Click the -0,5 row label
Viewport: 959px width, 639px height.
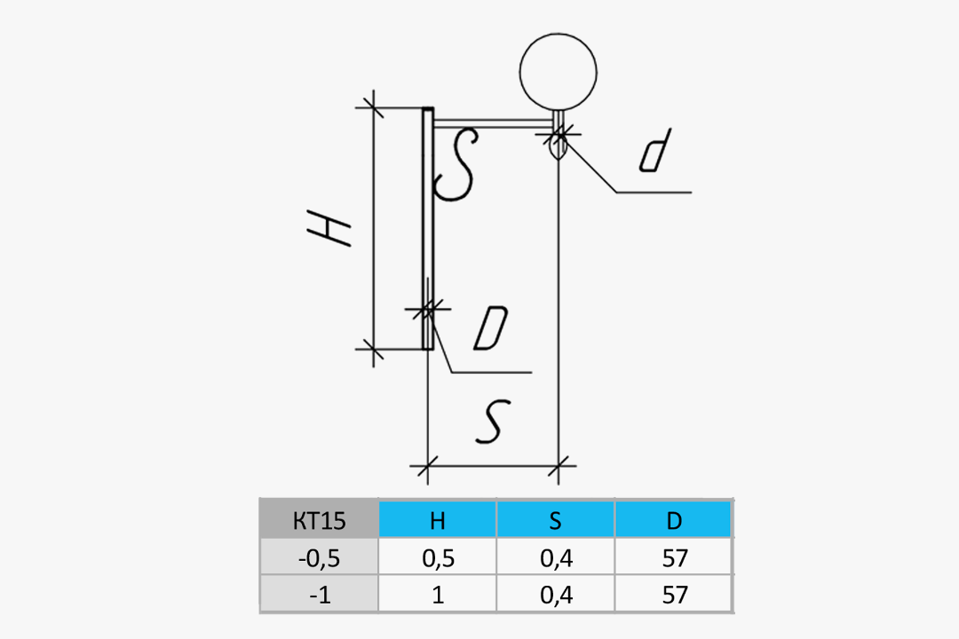pyautogui.click(x=320, y=557)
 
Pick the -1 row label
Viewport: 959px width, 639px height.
pyautogui.click(x=320, y=595)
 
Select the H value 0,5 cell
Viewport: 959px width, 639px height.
pyautogui.click(x=437, y=557)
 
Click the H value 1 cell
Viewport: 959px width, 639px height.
pyautogui.click(x=437, y=595)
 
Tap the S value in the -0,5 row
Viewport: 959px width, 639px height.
pyautogui.click(x=555, y=557)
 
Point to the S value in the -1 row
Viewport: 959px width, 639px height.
pyautogui.click(x=555, y=595)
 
